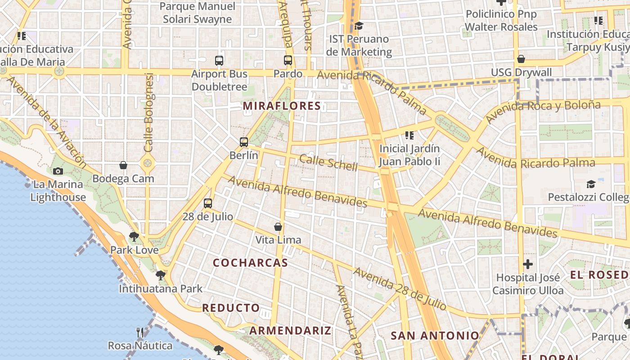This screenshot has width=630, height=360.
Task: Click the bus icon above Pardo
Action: point(288,60)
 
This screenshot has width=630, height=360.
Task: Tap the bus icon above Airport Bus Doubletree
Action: point(219,60)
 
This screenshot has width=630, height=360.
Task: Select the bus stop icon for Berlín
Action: point(244,142)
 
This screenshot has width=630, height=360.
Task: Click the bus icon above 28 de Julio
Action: point(208,203)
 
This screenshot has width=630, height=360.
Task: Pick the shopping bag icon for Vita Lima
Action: point(278,226)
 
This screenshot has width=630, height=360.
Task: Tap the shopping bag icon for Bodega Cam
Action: point(123,165)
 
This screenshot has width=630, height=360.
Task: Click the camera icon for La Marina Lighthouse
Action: point(58,171)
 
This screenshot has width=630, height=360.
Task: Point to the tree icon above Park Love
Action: point(134,237)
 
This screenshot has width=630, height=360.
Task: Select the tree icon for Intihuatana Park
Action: point(161,275)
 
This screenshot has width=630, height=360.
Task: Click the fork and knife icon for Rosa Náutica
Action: point(140,333)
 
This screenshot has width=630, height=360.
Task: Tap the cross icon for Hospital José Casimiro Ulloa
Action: point(528,264)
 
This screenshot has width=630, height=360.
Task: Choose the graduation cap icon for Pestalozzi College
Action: point(591,184)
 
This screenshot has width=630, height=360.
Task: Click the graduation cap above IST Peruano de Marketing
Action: point(359,26)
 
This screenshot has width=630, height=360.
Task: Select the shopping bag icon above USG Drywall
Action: point(521,59)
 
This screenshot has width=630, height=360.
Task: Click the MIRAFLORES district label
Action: point(282,106)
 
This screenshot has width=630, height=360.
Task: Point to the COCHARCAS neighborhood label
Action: point(250,263)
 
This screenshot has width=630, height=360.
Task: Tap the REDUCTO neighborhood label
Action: point(231,308)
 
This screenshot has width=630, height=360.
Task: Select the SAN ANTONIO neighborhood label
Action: point(435,335)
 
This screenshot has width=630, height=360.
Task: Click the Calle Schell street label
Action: point(328,163)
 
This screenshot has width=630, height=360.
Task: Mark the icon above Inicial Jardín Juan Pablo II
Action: point(409,135)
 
